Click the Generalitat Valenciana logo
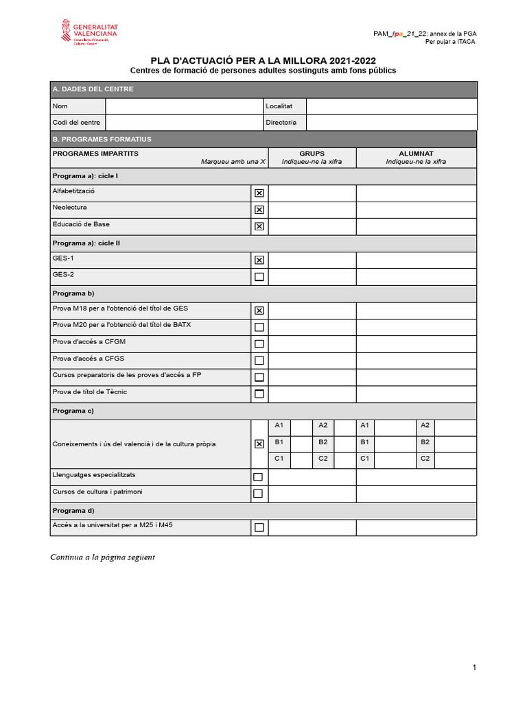coord(89,34)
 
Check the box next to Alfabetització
coord(259,193)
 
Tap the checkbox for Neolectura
coord(259,210)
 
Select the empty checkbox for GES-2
coord(259,277)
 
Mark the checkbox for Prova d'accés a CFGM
coord(259,344)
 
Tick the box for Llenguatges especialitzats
coord(258,477)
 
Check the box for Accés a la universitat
coord(259,527)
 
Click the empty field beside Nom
coord(184,106)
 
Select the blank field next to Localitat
coord(391,106)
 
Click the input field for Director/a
coord(391,123)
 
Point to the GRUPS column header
coord(312,154)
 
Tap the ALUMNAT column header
coord(416,154)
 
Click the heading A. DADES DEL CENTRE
coord(93,89)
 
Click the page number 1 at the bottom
coord(474,668)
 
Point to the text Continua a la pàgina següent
coord(103,557)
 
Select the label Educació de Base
coord(81,224)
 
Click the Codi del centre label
coord(76,123)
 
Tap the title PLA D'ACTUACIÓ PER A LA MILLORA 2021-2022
coord(263,60)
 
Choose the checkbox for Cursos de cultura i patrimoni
coord(258,494)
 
